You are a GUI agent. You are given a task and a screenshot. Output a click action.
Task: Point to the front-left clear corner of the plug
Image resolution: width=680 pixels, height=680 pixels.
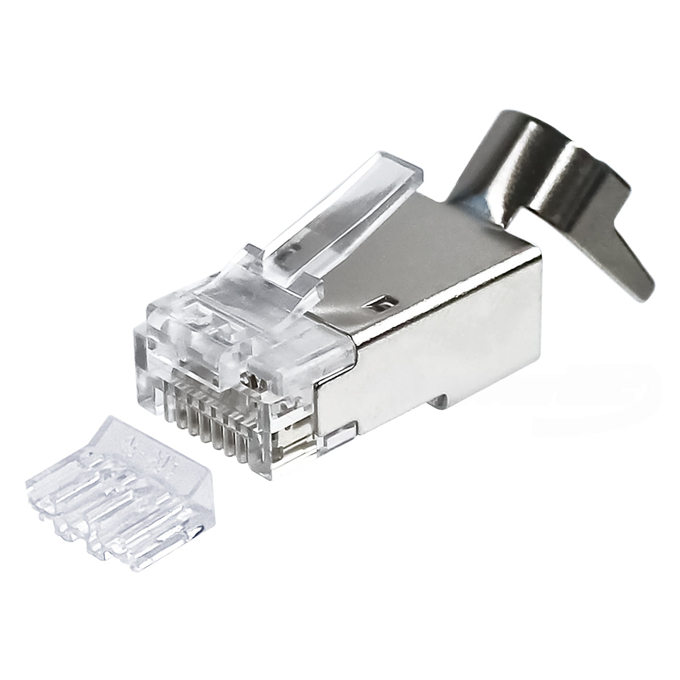pos(140,364)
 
